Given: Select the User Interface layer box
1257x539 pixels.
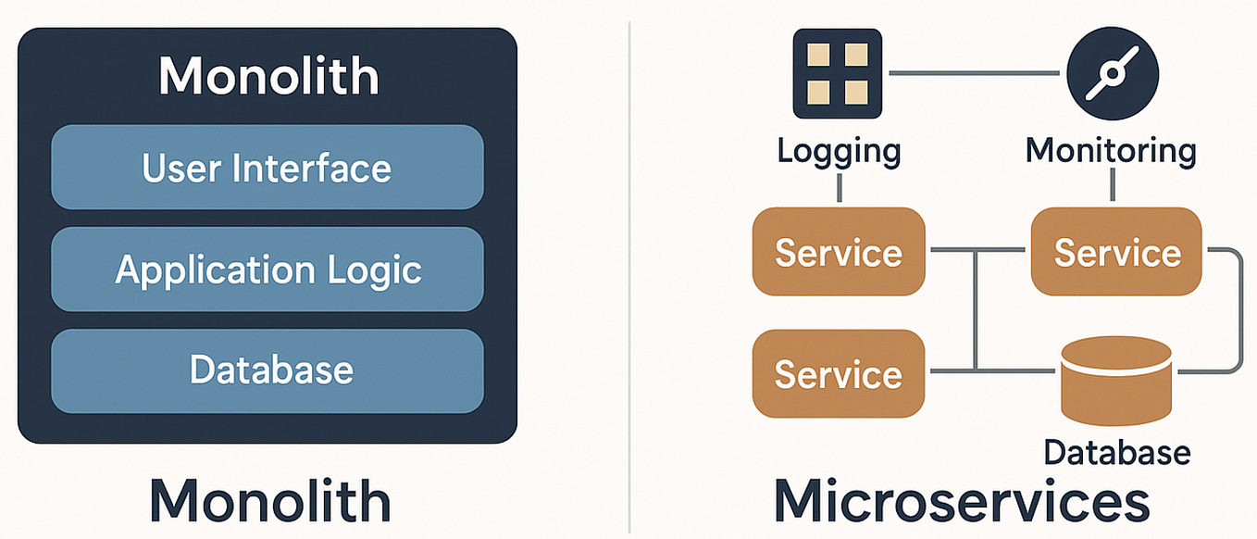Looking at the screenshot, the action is pyautogui.click(x=267, y=168).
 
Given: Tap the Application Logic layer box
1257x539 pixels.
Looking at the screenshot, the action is pyautogui.click(x=267, y=269).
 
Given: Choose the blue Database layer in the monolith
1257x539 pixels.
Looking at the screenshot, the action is pyautogui.click(x=267, y=370).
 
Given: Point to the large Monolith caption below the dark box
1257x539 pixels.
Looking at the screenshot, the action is pyautogui.click(x=269, y=501).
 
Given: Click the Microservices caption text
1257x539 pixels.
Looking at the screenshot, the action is pyautogui.click(x=962, y=501).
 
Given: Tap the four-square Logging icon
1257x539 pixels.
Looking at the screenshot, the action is pyautogui.click(x=838, y=73).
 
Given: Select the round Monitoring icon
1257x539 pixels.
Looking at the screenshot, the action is pyautogui.click(x=1112, y=73).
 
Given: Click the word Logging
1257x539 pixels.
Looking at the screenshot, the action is pyautogui.click(x=839, y=150).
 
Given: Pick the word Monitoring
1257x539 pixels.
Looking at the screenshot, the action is pyautogui.click(x=1111, y=150).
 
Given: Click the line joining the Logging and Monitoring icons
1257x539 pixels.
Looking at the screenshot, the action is pyautogui.click(x=972, y=73).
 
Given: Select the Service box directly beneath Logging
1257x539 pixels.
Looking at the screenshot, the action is pyautogui.click(x=839, y=252).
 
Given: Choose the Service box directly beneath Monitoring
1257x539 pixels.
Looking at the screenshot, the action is pyautogui.click(x=1116, y=252).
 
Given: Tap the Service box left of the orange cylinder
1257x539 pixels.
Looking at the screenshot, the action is pyautogui.click(x=839, y=373).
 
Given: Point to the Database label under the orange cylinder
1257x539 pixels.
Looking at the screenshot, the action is pyautogui.click(x=1116, y=452).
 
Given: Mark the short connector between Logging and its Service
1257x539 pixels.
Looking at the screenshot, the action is pyautogui.click(x=839, y=188).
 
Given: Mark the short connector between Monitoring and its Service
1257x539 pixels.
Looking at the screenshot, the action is pyautogui.click(x=1112, y=188).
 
